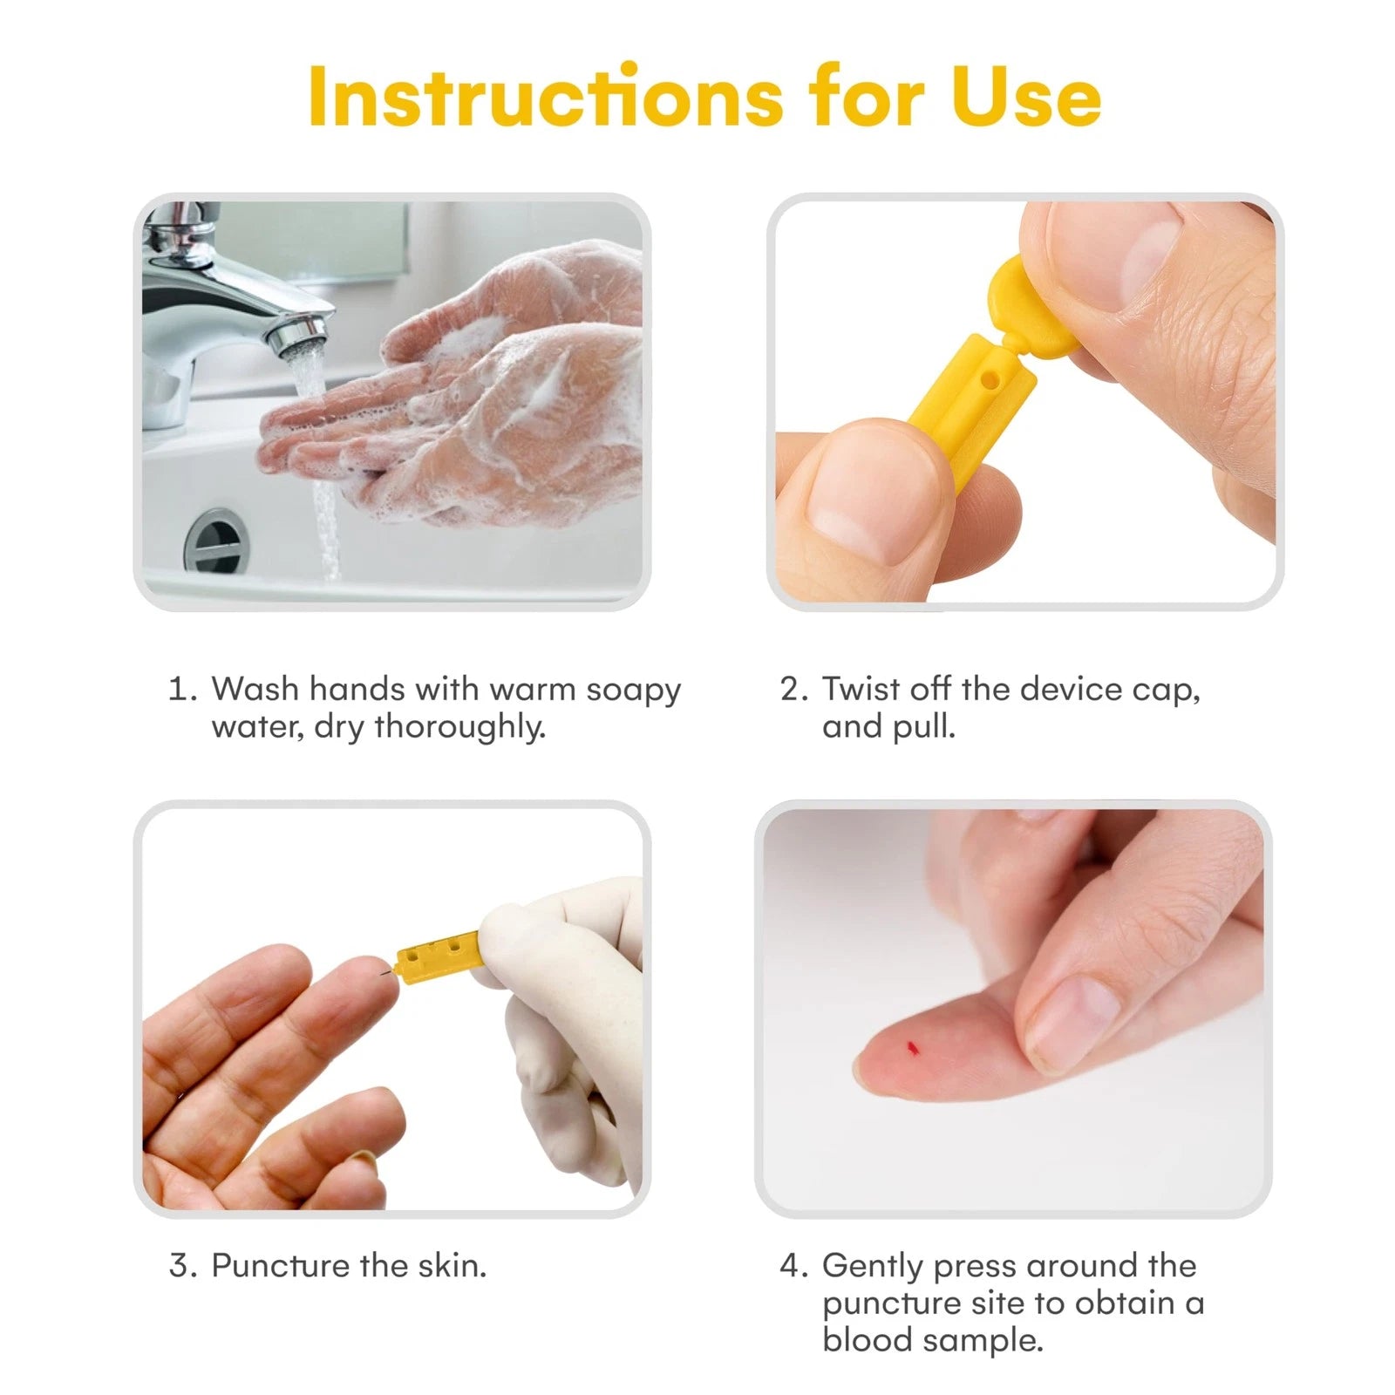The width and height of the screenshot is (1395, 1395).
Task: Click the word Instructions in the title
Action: click(546, 96)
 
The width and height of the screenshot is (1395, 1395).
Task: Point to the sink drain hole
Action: click(214, 541)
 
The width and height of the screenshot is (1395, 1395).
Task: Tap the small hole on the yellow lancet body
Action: click(989, 381)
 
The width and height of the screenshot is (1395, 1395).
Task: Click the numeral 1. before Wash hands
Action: click(183, 689)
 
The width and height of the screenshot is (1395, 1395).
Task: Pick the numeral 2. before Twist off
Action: click(795, 689)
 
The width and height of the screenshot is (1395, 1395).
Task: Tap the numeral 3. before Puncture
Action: click(184, 1265)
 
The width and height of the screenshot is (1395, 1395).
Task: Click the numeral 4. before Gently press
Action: click(795, 1265)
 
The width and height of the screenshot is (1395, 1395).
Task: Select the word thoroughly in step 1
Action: click(460, 727)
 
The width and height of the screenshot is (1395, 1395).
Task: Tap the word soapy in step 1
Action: click(633, 691)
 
